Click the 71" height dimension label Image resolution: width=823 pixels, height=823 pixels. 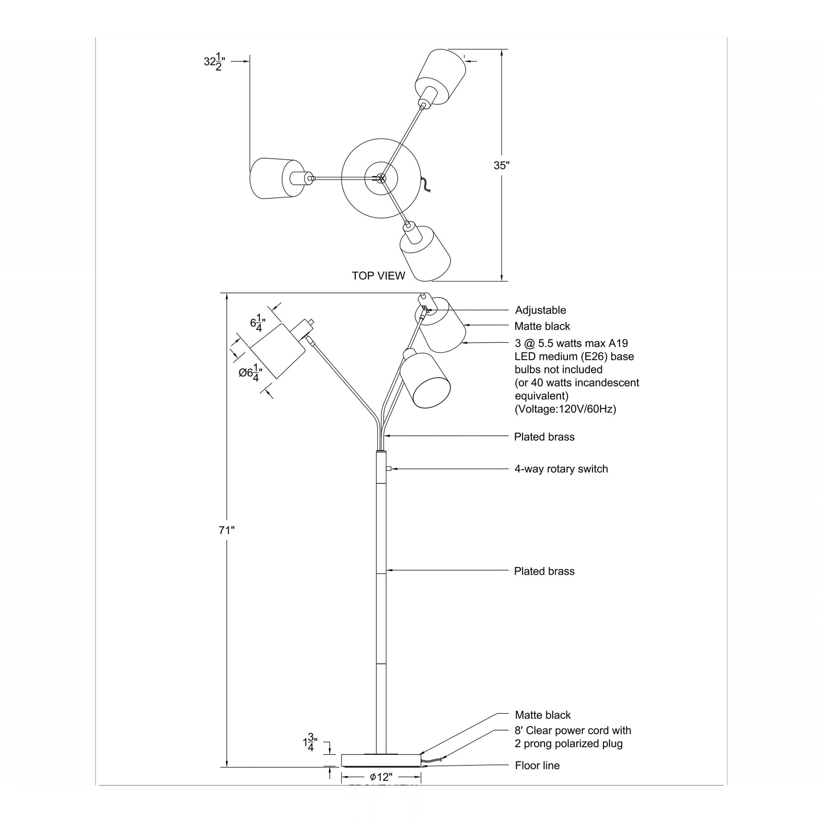pos(226,530)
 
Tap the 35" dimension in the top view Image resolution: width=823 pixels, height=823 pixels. pos(501,166)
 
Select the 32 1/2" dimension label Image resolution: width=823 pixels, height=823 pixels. pos(214,61)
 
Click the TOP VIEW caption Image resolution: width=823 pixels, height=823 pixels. pos(378,276)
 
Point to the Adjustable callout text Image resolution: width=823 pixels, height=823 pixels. pos(540,310)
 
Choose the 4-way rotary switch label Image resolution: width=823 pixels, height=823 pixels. pos(561,469)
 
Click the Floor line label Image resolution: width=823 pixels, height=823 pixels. pos(537,765)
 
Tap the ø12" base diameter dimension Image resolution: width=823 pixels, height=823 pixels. pos(381,777)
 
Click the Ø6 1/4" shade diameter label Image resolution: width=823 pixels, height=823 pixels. pos(251,372)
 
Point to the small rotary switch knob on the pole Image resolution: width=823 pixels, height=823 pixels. pos(388,468)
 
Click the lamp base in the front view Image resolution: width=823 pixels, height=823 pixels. pos(381,760)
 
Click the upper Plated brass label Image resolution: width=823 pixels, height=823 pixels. pos(544,437)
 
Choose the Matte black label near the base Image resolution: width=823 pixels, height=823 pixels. pos(543,715)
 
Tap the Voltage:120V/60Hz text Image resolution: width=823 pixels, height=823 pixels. pos(566,409)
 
